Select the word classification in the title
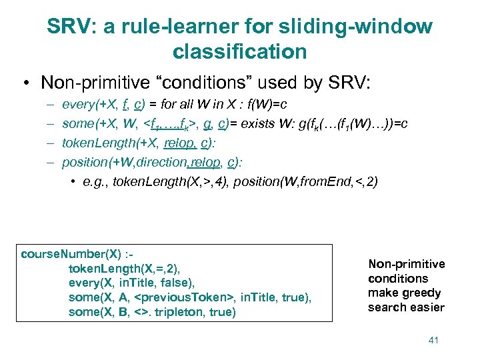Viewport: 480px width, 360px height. [239, 51]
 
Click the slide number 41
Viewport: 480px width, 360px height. [433, 341]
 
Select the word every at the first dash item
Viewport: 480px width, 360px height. [77, 105]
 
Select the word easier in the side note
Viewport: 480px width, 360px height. [426, 307]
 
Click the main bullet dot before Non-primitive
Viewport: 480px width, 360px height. [26, 83]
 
